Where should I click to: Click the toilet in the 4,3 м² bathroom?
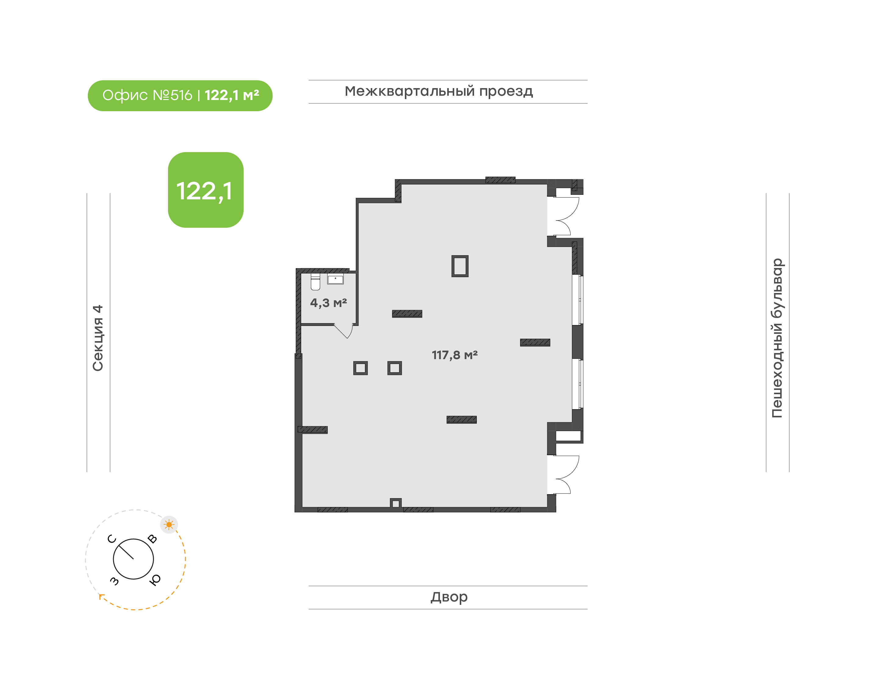(316, 282)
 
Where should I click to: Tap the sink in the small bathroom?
(335, 279)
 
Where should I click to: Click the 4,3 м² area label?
(328, 302)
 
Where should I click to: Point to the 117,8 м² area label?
(455, 355)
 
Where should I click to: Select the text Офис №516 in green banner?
(147, 96)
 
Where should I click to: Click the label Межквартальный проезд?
(439, 91)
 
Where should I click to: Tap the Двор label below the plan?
(449, 597)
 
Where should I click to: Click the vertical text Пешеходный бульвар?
(777, 338)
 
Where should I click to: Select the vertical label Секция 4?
(98, 338)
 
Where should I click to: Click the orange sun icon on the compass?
(169, 525)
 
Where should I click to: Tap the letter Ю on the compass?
(155, 580)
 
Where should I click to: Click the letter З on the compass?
(115, 581)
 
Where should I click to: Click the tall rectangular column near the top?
(460, 266)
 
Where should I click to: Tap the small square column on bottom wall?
(396, 503)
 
